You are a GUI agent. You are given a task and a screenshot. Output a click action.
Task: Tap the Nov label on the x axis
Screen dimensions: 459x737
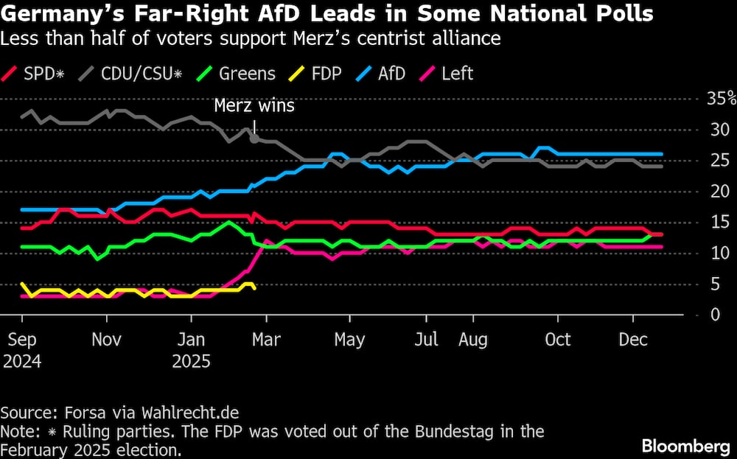tap(107, 340)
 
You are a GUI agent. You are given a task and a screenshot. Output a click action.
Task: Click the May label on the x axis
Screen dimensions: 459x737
tap(349, 340)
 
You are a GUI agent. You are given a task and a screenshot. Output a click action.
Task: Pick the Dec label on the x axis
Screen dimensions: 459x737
tap(633, 340)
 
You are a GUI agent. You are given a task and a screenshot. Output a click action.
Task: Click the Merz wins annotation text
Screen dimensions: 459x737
tap(254, 105)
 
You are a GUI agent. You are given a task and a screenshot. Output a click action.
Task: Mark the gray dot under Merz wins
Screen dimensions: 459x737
tap(254, 138)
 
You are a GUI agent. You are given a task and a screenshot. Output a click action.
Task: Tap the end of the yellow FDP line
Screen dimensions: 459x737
tap(254, 287)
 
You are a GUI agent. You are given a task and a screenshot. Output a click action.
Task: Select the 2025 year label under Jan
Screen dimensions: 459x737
tap(191, 362)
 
